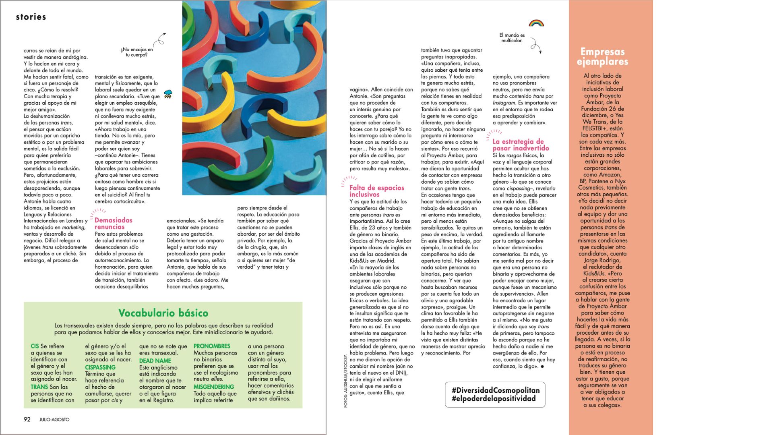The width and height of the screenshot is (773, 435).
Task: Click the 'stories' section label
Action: tap(31, 17)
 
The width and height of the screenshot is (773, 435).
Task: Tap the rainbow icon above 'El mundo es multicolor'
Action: tap(536, 23)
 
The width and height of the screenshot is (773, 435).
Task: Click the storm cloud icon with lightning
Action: tap(168, 94)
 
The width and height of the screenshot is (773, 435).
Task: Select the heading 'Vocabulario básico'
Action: tap(163, 313)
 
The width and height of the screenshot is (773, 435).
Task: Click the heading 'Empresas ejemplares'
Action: tap(602, 56)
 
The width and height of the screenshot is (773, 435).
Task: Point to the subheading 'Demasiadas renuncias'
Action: tap(113, 224)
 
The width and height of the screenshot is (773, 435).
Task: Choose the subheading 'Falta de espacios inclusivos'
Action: tap(376, 191)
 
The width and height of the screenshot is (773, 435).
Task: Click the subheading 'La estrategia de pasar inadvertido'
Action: tap(521, 145)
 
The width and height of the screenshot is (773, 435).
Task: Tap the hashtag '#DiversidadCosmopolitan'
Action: tap(495, 390)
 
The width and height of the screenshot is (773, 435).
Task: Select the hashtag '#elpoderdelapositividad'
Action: tap(494, 399)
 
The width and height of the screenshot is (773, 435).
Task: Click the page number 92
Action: tap(27, 419)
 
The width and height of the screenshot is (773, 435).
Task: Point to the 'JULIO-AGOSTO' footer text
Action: tap(54, 420)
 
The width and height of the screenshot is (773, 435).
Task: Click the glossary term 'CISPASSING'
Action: tap(100, 367)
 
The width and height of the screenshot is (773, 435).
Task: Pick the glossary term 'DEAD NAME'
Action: tap(155, 361)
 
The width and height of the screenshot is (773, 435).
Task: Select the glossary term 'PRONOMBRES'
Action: tap(212, 346)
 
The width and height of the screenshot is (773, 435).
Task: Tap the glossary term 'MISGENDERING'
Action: tap(214, 387)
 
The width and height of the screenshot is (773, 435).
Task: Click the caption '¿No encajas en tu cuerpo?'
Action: tap(136, 52)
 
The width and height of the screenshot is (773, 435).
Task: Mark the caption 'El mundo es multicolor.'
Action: tap(512, 38)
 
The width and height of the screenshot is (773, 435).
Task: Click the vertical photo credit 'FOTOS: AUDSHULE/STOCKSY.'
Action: tap(345, 381)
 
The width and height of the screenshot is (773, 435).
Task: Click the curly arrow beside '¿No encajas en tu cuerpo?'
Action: tap(160, 39)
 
